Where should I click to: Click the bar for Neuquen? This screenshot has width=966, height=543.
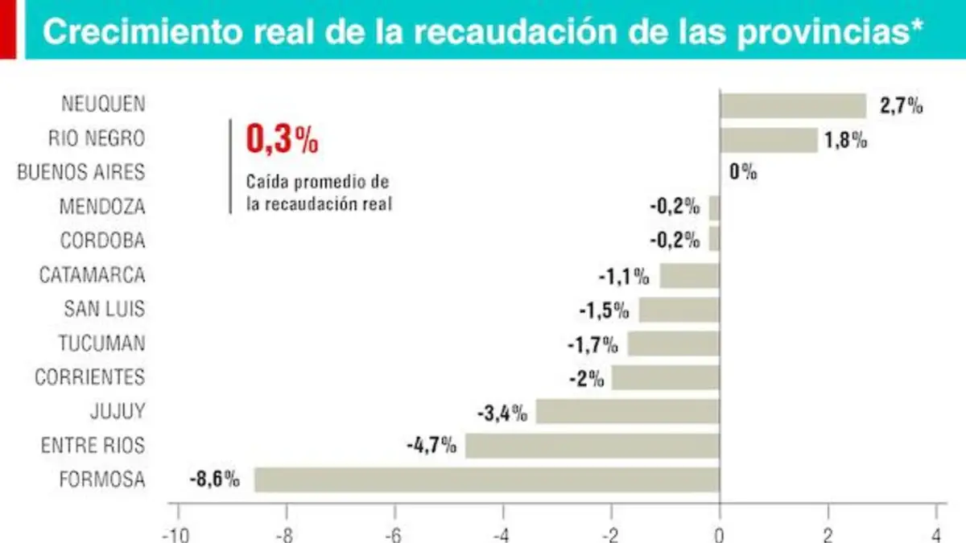(793, 105)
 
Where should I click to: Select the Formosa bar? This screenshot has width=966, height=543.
(487, 479)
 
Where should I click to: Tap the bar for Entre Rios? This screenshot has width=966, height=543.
(592, 446)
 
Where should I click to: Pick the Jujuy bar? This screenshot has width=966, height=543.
(628, 412)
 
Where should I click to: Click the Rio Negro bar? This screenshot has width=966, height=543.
(769, 140)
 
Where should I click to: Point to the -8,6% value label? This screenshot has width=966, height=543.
(214, 479)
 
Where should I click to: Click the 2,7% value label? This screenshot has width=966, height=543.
(901, 105)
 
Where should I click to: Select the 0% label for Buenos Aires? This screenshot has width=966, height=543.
(743, 172)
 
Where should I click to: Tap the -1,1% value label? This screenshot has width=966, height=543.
(624, 276)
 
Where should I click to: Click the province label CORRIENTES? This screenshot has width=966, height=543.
(89, 377)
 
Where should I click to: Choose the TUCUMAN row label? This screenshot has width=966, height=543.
(101, 343)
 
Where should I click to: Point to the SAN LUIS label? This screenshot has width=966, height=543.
(105, 309)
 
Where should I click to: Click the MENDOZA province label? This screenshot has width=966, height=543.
(102, 207)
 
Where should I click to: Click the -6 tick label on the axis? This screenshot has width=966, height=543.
(393, 536)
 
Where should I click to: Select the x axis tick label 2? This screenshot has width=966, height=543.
(828, 536)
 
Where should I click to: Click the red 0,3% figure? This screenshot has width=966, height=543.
(282, 139)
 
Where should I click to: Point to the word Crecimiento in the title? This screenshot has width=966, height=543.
(142, 31)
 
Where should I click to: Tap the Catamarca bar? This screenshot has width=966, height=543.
(690, 276)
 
